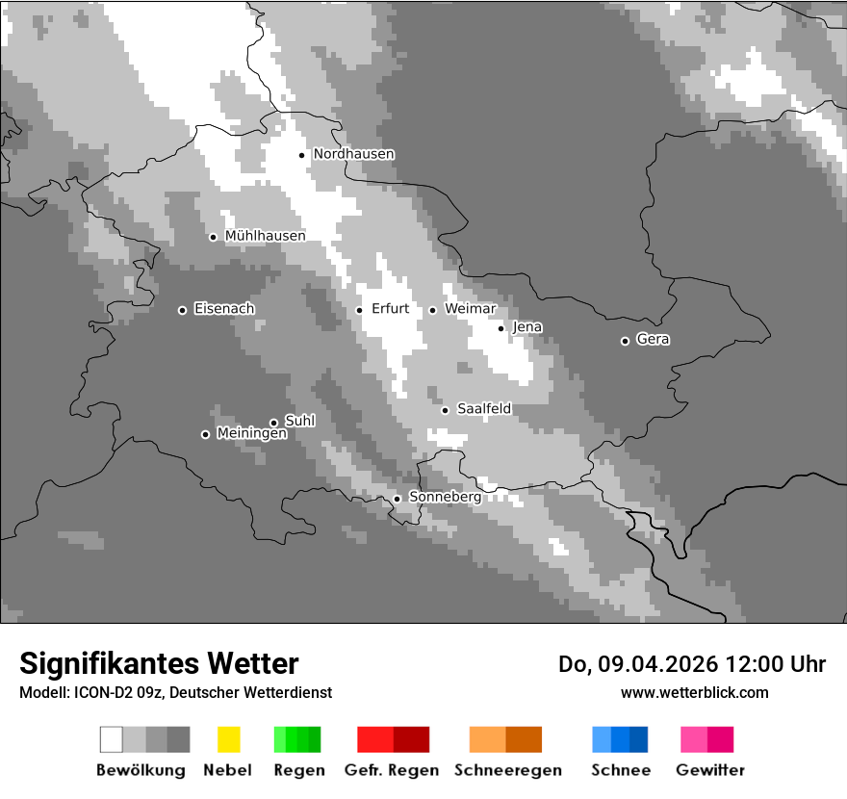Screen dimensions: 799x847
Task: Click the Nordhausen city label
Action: (x=353, y=154)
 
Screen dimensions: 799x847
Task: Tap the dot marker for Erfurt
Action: (x=359, y=310)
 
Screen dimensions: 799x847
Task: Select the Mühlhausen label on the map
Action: (x=265, y=236)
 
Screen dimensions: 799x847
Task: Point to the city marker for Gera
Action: (x=625, y=341)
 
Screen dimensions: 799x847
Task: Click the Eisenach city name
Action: (x=224, y=309)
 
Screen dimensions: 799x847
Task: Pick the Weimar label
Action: (x=470, y=309)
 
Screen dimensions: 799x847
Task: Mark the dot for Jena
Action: (x=500, y=328)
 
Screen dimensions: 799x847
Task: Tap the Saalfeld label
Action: (x=484, y=409)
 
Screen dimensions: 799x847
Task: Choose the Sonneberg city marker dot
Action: (x=397, y=499)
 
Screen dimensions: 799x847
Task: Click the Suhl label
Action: (x=300, y=422)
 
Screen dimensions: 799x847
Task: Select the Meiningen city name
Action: (x=251, y=434)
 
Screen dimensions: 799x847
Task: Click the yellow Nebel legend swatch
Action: (x=228, y=739)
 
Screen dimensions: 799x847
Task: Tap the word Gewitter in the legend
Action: (x=710, y=770)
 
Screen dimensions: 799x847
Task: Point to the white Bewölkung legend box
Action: (x=112, y=739)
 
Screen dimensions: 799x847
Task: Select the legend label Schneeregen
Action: (x=508, y=770)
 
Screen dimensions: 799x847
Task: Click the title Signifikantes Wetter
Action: (x=159, y=663)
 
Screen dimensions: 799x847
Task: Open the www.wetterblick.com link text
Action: (x=695, y=692)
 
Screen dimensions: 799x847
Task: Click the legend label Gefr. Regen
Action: (x=391, y=770)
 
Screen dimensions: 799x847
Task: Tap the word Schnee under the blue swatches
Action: (x=621, y=770)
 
